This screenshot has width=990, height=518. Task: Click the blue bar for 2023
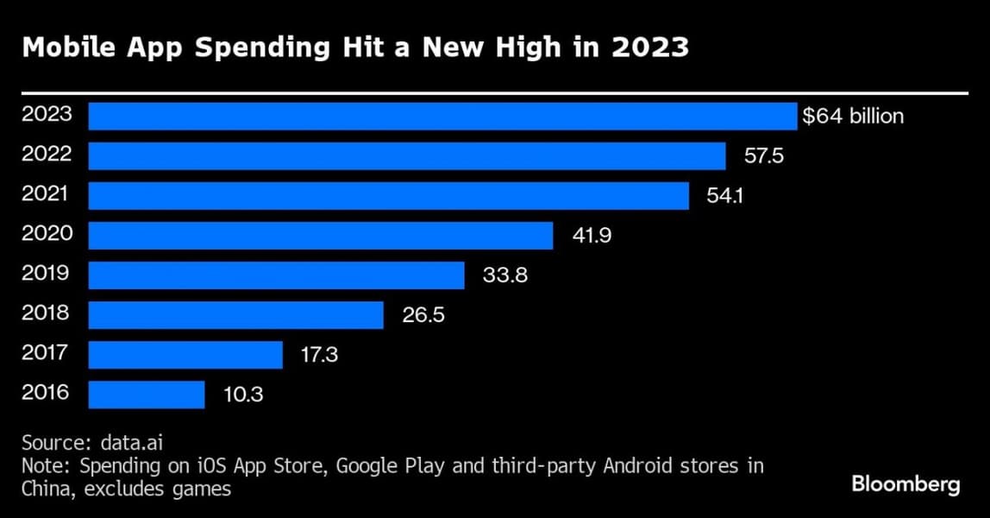[x=442, y=117]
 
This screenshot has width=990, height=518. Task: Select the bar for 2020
[x=321, y=236]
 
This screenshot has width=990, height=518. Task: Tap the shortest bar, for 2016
[x=147, y=395]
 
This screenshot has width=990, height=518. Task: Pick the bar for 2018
[x=235, y=315]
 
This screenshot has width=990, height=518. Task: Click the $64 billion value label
[x=853, y=117]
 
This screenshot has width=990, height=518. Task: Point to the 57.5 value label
[x=762, y=156]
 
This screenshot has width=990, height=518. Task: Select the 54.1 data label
[x=725, y=196]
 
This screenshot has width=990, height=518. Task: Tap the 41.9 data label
[x=592, y=236]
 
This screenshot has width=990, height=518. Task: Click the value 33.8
[x=504, y=275]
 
